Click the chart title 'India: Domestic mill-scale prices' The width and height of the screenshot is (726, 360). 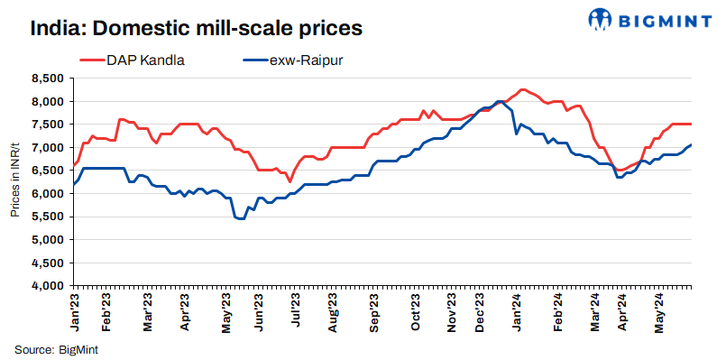(196, 28)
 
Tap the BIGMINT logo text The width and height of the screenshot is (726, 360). (654, 19)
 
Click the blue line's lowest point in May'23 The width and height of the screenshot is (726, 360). (240, 218)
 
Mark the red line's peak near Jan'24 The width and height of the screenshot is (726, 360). (522, 89)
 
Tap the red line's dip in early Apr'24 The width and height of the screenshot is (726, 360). (620, 171)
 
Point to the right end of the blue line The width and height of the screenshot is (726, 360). (691, 145)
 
